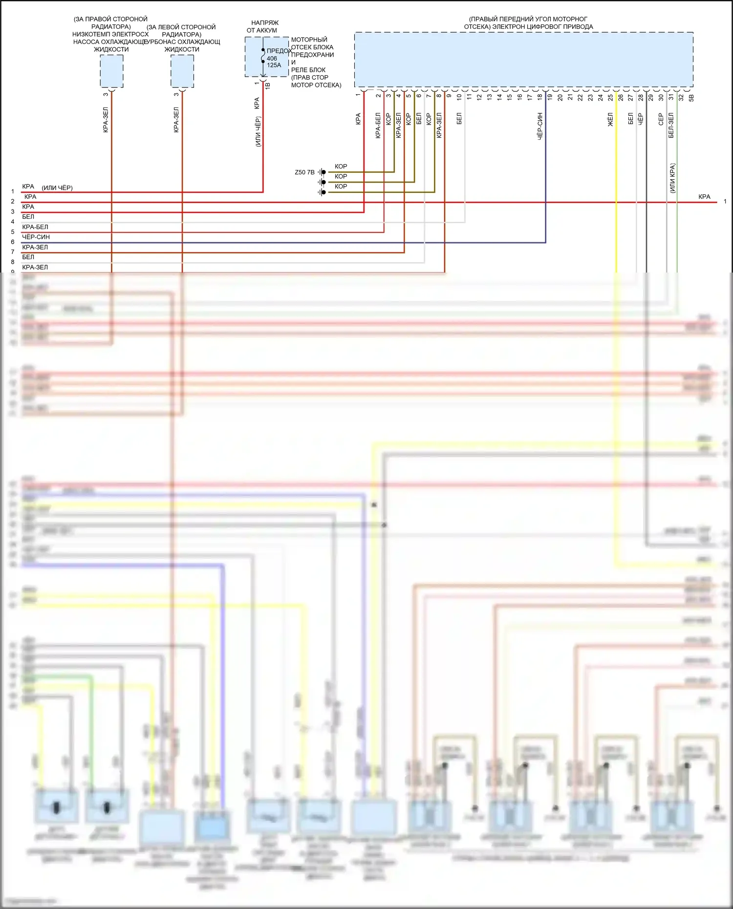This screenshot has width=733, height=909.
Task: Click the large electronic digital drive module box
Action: (x=523, y=60)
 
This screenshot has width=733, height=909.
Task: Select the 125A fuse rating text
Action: (x=274, y=65)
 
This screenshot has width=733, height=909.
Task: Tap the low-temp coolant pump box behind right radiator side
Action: (x=111, y=71)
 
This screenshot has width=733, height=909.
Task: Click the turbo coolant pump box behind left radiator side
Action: (x=182, y=71)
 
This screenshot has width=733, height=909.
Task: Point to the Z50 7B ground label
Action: (x=304, y=172)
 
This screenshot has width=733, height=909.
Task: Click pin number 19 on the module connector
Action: (x=550, y=97)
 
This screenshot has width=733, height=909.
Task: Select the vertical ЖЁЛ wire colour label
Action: (x=610, y=120)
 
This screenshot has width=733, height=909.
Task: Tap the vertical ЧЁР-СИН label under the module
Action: (x=540, y=127)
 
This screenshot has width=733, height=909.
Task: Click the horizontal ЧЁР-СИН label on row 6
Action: (x=36, y=237)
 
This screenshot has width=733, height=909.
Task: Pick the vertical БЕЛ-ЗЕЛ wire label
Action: (x=671, y=126)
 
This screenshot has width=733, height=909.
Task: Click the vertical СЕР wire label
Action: (x=661, y=119)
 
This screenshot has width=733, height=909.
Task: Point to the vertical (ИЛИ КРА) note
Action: (x=672, y=178)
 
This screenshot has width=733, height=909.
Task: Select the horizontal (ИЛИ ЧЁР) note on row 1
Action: (x=57, y=188)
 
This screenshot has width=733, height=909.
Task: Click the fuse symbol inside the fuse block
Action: (x=263, y=56)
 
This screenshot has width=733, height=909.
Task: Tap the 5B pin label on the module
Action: (x=691, y=98)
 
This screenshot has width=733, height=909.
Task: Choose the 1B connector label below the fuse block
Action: (x=267, y=85)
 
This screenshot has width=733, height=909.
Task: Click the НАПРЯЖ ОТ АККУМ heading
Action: (x=264, y=26)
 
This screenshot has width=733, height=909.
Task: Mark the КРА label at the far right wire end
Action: (x=704, y=197)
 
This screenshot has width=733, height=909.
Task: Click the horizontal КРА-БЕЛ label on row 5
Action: (x=35, y=227)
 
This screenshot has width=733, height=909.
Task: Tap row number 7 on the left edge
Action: (x=13, y=252)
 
